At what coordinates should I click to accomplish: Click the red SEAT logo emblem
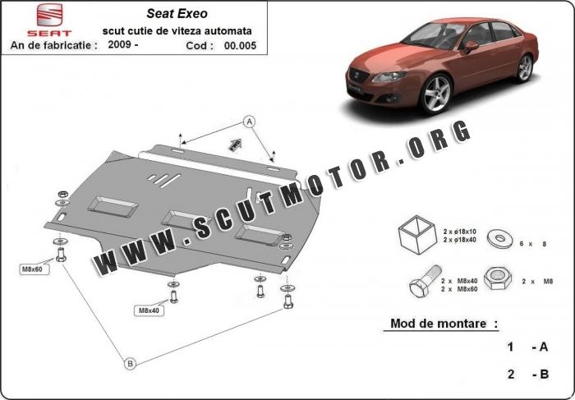click(x=49, y=15)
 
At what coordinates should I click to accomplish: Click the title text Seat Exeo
click(x=177, y=14)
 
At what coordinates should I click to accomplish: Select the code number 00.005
click(x=240, y=45)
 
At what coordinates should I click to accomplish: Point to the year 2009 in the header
click(x=120, y=44)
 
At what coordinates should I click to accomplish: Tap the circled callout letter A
click(x=250, y=122)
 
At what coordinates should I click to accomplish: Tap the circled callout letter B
click(x=130, y=364)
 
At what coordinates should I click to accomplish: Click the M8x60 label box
click(x=33, y=269)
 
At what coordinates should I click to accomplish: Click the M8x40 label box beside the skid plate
click(x=149, y=310)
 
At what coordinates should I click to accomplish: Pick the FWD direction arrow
click(x=235, y=145)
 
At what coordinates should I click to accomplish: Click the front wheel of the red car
click(x=436, y=94)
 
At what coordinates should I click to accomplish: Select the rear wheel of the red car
click(x=525, y=68)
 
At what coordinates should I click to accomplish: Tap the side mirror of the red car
click(x=471, y=46)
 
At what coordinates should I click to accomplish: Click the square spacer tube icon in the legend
click(x=417, y=235)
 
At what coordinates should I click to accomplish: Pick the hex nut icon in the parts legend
click(x=498, y=278)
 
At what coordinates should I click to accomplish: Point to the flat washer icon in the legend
click(x=499, y=239)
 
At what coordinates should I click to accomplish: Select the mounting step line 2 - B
click(x=528, y=374)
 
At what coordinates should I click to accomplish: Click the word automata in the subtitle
click(x=229, y=31)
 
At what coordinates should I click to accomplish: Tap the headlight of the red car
click(x=389, y=76)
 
